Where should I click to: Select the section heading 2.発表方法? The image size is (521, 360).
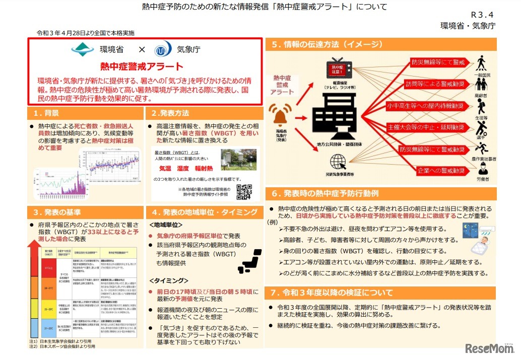click(x=168, y=113)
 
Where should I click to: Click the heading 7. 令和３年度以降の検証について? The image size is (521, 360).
click(x=333, y=293)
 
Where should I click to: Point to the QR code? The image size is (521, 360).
click(x=244, y=192)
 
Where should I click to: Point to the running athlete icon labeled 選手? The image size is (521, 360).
click(x=482, y=127)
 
